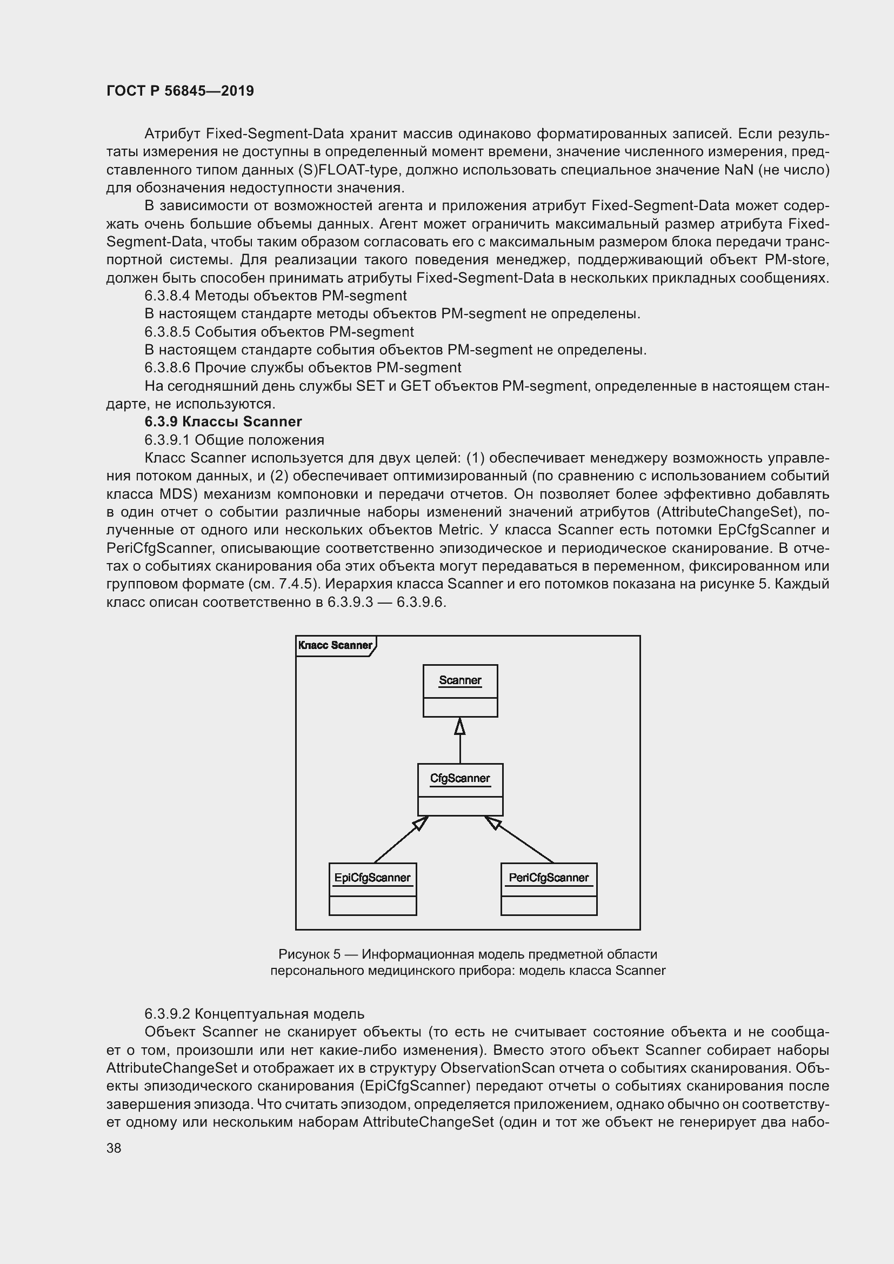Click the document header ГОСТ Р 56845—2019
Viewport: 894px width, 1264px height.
tap(180, 91)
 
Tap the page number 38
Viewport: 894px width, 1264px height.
tap(114, 1148)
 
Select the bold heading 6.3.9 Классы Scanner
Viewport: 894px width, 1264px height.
tap(223, 422)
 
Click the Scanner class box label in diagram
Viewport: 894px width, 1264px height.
tap(459, 680)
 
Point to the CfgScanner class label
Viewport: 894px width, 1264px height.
tap(459, 778)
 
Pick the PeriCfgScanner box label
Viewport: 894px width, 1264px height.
tap(548, 878)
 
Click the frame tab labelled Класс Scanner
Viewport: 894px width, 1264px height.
tap(335, 645)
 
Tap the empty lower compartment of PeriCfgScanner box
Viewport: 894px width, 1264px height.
tap(548, 906)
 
